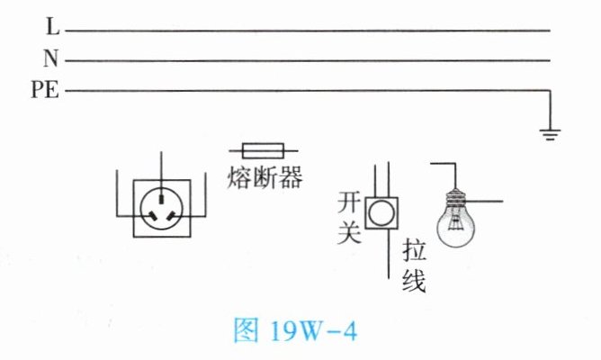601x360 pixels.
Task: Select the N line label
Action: tap(50, 60)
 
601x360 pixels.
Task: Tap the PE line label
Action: tap(45, 90)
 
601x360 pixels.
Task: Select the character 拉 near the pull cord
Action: tap(413, 250)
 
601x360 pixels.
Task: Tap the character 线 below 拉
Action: tap(413, 281)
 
